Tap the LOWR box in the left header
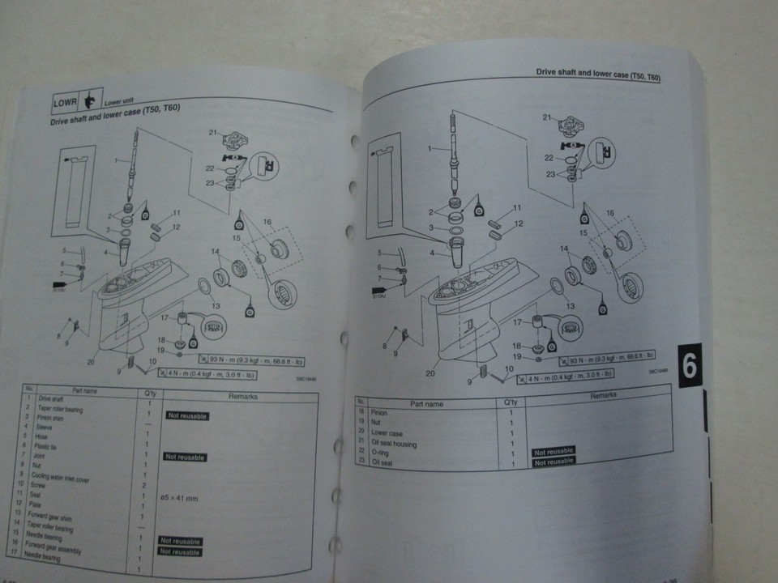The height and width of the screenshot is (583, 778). [x=64, y=104]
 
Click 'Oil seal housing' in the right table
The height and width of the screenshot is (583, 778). [x=394, y=443]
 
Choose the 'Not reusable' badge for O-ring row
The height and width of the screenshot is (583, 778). [x=554, y=451]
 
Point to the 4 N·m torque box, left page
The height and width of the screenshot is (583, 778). [x=206, y=374]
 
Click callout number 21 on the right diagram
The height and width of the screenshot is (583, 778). [x=545, y=117]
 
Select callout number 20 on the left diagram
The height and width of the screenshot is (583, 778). [x=91, y=362]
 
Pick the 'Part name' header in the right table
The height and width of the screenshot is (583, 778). [x=425, y=402]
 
